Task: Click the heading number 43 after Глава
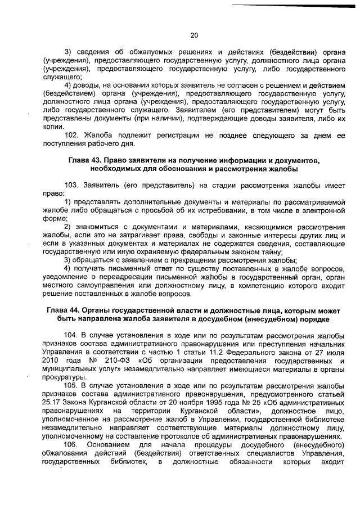(95, 161)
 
